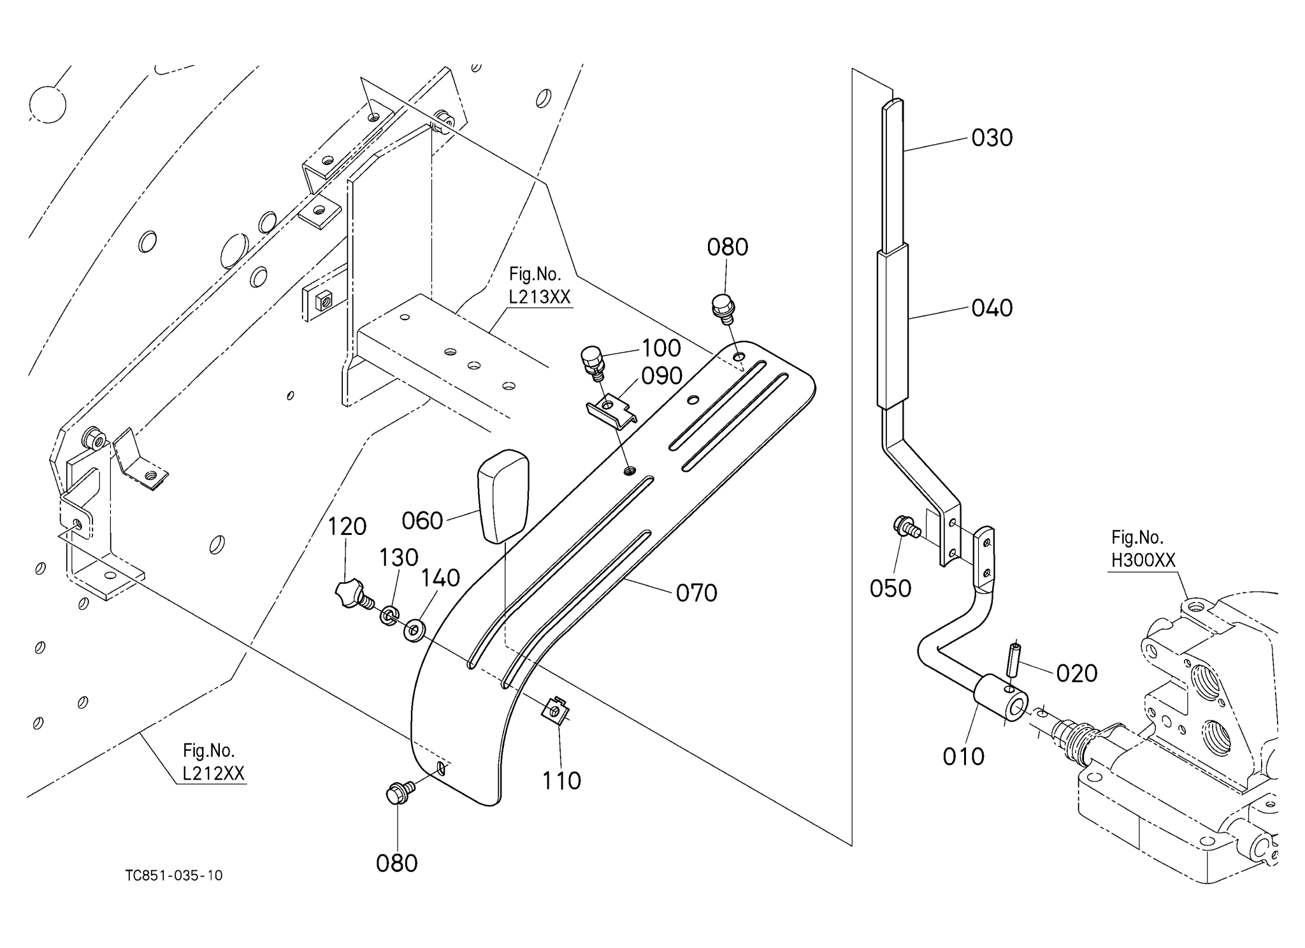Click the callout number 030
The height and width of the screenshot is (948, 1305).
991,138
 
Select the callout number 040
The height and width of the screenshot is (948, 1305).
991,309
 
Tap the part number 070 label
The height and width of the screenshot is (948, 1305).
696,594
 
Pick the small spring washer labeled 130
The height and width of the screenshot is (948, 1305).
388,616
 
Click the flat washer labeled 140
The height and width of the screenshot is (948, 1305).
415,629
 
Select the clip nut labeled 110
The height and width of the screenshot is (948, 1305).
554,711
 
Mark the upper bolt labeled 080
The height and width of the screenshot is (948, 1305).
724,307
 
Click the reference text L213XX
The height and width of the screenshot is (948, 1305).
539,297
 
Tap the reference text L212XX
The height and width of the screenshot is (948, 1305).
213,773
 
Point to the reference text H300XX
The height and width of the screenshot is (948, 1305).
1143,560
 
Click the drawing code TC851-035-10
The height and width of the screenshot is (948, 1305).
174,875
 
